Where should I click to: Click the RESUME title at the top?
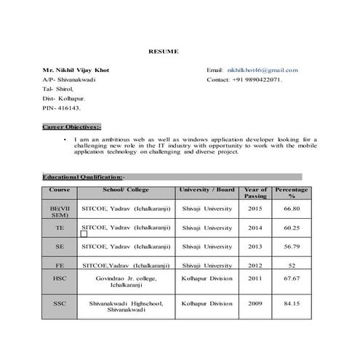point(163,52)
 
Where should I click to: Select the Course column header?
point(59,190)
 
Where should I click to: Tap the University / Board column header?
point(207,190)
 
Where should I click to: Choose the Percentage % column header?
point(292,193)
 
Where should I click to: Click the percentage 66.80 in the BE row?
point(292,209)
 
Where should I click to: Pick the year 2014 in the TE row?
point(255,228)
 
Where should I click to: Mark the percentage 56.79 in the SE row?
point(292,247)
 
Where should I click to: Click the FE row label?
point(59,265)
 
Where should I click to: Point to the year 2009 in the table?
point(255,303)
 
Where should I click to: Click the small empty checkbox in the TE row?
point(84,234)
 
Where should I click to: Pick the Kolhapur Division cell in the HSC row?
point(207,279)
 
